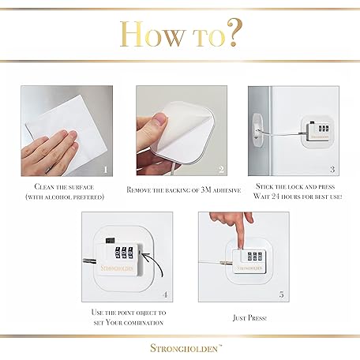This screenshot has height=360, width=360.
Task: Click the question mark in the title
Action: click(x=234, y=32)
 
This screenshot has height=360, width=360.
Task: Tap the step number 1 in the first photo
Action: click(x=106, y=170)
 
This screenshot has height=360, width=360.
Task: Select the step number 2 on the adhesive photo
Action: click(x=221, y=170)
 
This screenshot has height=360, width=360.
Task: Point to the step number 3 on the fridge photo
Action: click(x=332, y=170)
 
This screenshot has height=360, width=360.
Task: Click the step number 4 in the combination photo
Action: click(x=165, y=294)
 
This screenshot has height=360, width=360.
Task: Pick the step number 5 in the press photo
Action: click(x=282, y=294)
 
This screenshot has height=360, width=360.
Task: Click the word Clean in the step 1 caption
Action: click(x=44, y=187)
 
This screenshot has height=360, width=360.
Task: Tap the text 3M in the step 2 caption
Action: click(x=206, y=189)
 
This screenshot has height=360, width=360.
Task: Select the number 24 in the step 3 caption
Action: click(x=275, y=197)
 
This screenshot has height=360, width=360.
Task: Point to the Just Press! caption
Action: click(x=249, y=318)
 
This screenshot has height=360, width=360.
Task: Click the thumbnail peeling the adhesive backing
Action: click(x=159, y=119)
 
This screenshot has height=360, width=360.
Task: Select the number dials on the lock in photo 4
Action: click(x=123, y=253)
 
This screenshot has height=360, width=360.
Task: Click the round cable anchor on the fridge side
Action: click(x=257, y=130)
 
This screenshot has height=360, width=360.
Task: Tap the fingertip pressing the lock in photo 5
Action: click(x=240, y=246)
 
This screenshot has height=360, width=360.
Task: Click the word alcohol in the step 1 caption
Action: click(x=58, y=197)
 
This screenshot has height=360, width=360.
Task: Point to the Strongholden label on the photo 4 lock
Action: click(x=118, y=268)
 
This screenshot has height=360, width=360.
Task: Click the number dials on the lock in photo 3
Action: click(x=323, y=129)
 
